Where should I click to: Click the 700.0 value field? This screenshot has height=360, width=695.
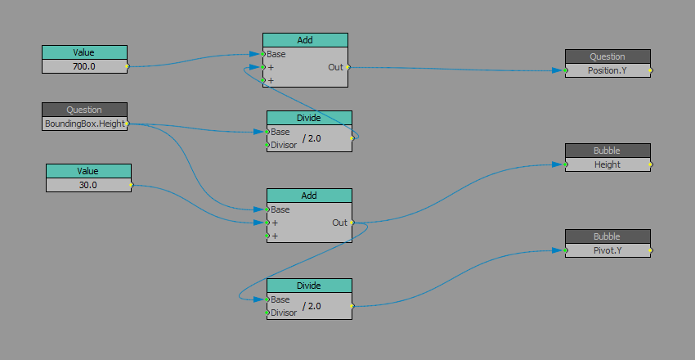[84, 66]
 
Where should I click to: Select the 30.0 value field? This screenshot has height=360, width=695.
[88, 185]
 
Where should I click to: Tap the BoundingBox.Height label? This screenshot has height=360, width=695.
[84, 124]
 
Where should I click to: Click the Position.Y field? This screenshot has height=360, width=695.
[608, 70]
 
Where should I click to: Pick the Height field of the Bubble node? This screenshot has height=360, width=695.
[608, 164]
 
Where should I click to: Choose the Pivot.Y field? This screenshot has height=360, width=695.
[608, 250]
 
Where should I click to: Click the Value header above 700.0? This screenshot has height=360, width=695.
[84, 52]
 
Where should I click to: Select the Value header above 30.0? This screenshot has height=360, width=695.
[88, 171]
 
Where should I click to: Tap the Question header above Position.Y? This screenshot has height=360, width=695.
[608, 56]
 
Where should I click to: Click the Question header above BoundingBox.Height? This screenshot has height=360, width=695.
[84, 110]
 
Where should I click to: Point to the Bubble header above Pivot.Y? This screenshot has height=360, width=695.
[608, 236]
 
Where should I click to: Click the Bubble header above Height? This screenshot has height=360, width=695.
[608, 151]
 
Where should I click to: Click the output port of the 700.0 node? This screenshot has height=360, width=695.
[128, 66]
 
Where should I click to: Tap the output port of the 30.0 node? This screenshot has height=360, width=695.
[132, 185]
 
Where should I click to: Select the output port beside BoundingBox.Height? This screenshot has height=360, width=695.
[128, 124]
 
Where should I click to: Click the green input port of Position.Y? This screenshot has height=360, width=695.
[566, 70]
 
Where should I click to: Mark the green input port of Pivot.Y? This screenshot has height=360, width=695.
[566, 250]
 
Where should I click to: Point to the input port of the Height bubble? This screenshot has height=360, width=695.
[566, 164]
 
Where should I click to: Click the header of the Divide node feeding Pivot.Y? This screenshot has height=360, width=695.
[309, 286]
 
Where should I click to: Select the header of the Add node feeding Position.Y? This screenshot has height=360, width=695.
[305, 40]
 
